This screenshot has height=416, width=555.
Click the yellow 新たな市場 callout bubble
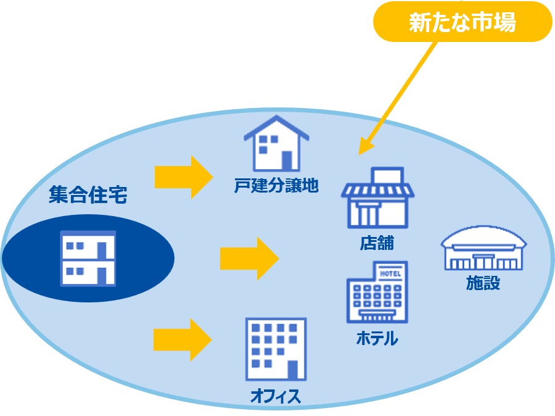462,23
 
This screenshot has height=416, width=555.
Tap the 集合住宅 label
88,196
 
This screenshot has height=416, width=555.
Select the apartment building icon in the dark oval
88,259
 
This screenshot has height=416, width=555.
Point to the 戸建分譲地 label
276,185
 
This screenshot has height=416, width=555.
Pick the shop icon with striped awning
377,198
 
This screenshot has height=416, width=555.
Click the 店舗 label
377,243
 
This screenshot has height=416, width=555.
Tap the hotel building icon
376,291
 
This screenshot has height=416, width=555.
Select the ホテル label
377,339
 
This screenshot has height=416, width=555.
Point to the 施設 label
483,283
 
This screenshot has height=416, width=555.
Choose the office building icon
276,349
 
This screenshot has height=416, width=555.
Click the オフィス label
276,396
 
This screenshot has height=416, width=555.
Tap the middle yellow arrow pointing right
249,257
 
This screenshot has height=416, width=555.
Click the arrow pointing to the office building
183,340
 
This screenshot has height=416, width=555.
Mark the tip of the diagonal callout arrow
361,152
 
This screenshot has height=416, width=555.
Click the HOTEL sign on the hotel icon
390,273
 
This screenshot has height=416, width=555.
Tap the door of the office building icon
293,370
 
